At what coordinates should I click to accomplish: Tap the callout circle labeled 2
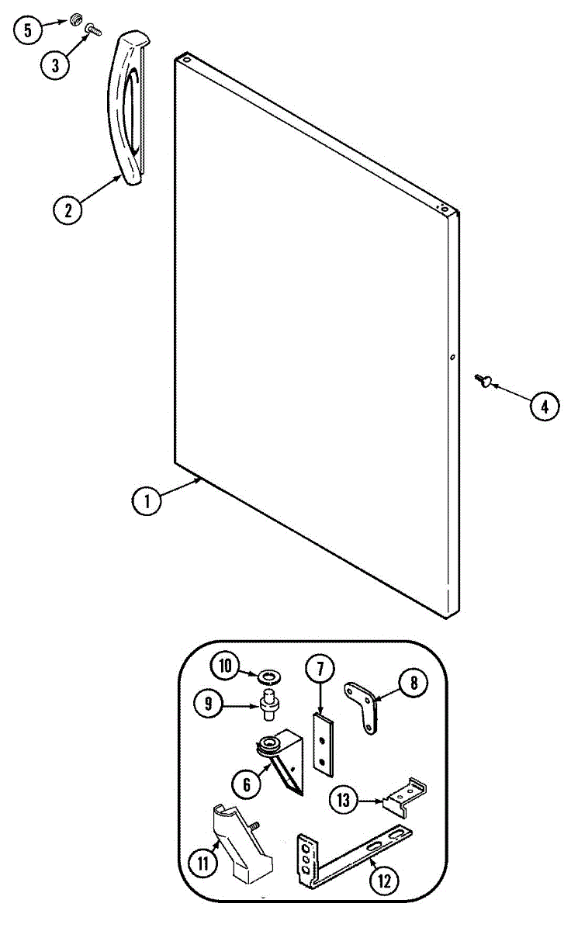(x=68, y=209)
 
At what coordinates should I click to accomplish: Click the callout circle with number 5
(x=29, y=30)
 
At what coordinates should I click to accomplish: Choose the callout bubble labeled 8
(x=414, y=683)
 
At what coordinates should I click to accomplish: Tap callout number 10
(x=225, y=666)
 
